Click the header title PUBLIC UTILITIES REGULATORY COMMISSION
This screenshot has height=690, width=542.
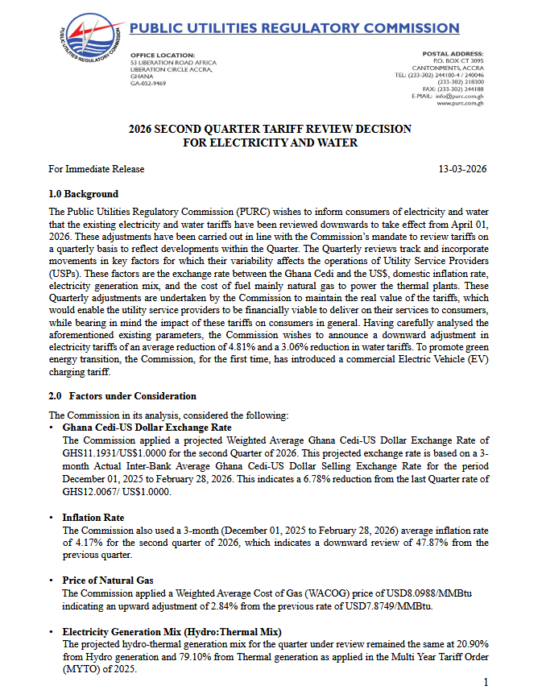click(295, 28)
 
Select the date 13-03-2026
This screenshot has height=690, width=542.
click(462, 169)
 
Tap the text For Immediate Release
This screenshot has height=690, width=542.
click(96, 169)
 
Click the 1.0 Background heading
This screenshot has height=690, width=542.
click(83, 194)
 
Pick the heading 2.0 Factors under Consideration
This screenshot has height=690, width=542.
click(122, 396)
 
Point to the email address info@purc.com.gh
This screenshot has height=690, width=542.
click(460, 96)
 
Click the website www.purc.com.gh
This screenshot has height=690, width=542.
click(460, 104)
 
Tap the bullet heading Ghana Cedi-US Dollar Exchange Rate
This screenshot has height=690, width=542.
click(147, 428)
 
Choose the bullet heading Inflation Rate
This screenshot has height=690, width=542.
click(93, 518)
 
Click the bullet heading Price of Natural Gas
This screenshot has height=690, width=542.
click(108, 580)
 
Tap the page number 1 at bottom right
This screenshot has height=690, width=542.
click(486, 682)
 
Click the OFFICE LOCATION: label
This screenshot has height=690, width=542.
click(162, 54)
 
